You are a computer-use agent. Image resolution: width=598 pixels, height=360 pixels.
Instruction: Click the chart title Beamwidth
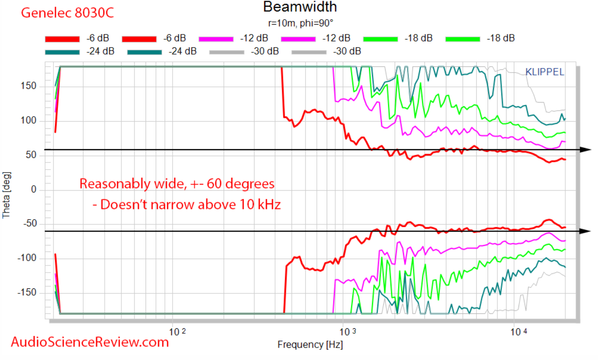pyautogui.click(x=300, y=7)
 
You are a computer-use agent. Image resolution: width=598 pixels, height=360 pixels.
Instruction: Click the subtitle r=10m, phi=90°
pyautogui.click(x=300, y=23)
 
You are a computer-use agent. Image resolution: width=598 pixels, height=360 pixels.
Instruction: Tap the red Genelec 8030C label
pyautogui.click(x=67, y=13)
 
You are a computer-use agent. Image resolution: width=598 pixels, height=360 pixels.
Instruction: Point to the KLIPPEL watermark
pyautogui.click(x=545, y=72)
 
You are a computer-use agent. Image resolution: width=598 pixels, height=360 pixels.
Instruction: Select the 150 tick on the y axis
pyautogui.click(x=28, y=86)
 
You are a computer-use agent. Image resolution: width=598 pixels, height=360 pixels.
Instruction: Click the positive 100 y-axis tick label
pyautogui.click(x=28, y=121)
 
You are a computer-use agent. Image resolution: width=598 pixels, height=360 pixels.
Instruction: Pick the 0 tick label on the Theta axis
pyautogui.click(x=33, y=189)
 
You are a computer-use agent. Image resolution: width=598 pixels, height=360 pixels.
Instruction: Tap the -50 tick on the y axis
pyautogui.click(x=30, y=223)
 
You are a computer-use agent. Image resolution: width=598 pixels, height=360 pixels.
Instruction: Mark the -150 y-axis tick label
pyautogui.click(x=27, y=292)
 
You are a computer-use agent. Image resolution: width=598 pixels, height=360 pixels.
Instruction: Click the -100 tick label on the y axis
pyautogui.click(x=27, y=258)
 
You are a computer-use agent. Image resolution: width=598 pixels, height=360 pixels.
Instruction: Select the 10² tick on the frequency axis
pyautogui.click(x=177, y=332)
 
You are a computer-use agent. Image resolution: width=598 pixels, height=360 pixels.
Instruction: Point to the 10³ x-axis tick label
pyautogui.click(x=347, y=332)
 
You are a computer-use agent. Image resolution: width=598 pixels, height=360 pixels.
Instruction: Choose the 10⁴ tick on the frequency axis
pyautogui.click(x=518, y=332)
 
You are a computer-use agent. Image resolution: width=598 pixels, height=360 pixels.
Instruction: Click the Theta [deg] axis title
pyautogui.click(x=6, y=195)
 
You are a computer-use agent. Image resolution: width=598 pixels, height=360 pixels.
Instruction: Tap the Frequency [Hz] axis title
pyautogui.click(x=310, y=345)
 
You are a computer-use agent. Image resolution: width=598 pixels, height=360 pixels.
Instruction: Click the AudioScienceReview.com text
pyautogui.click(x=90, y=342)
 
